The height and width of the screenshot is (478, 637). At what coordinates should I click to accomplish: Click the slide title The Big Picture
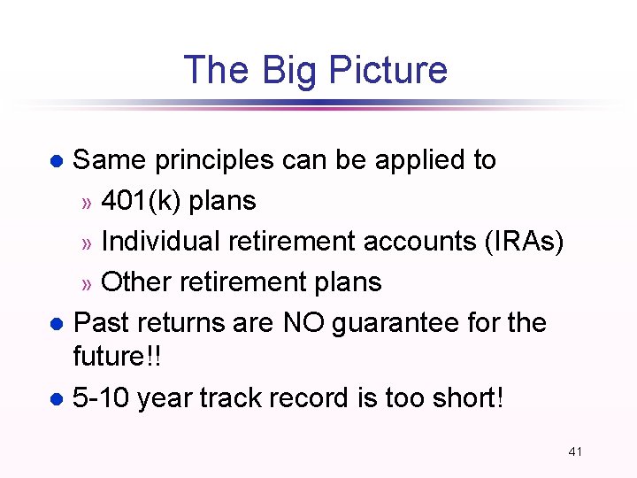point(315,70)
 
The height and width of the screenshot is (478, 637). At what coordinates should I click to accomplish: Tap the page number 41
point(575,451)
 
